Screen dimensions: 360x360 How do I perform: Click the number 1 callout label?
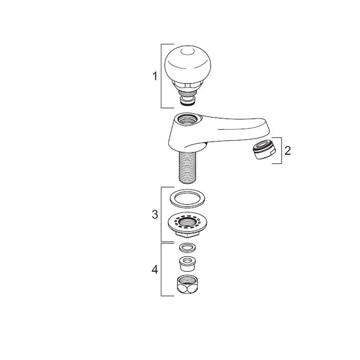(155, 76)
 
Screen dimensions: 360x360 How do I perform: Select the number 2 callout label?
(287, 151)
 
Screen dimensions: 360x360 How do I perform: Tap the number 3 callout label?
(155, 214)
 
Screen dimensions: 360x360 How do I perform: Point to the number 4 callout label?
(155, 269)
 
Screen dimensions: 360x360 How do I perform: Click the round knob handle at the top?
(188, 65)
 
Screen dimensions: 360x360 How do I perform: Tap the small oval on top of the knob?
(187, 52)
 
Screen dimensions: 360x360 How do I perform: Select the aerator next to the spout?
(264, 149)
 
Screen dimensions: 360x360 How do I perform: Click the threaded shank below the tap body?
(187, 168)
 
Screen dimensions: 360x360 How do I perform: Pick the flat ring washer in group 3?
(187, 199)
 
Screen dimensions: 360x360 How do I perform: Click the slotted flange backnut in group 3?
(187, 225)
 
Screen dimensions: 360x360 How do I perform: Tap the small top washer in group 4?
(187, 248)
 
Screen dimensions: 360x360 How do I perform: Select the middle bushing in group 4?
(187, 264)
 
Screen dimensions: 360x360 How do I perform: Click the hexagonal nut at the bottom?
(187, 284)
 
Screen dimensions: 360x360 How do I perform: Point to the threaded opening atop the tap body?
(188, 119)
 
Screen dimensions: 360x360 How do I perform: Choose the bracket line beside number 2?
(282, 151)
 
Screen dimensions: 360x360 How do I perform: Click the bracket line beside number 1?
(161, 76)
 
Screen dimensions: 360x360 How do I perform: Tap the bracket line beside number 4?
(161, 269)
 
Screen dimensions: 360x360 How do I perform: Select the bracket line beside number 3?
(161, 214)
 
